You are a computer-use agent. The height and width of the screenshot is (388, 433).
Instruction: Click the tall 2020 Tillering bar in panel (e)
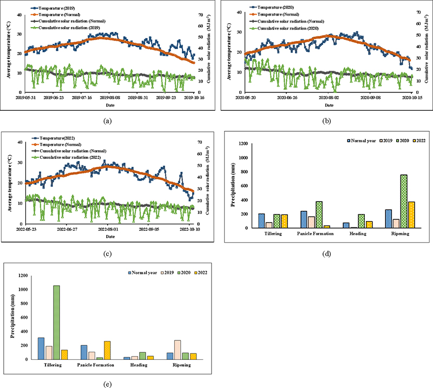click(56, 322)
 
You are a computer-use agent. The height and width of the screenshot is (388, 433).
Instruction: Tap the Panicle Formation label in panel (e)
click(95, 365)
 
